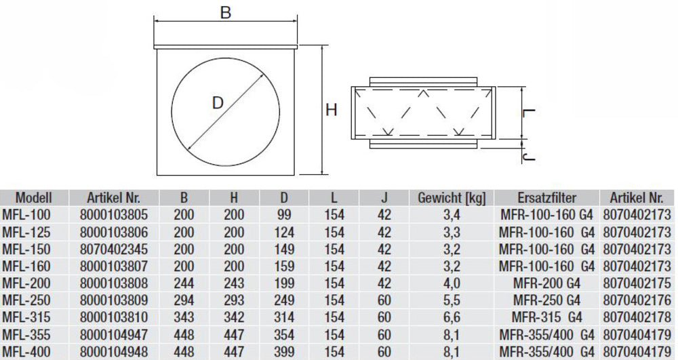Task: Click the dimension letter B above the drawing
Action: [x=226, y=13]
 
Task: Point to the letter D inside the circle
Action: [x=218, y=104]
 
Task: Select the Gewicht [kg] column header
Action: [x=452, y=198]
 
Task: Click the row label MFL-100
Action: [x=26, y=215]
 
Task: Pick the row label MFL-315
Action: [x=26, y=317]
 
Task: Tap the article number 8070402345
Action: [x=113, y=249]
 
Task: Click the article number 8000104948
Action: [x=113, y=351]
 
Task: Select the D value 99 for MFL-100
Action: [x=283, y=215]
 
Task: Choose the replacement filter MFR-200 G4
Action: [x=546, y=283]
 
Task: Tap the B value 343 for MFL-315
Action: [x=184, y=317]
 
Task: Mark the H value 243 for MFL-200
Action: [x=234, y=283]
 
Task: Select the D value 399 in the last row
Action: [x=283, y=351]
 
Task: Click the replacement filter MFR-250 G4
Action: [x=546, y=300]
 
